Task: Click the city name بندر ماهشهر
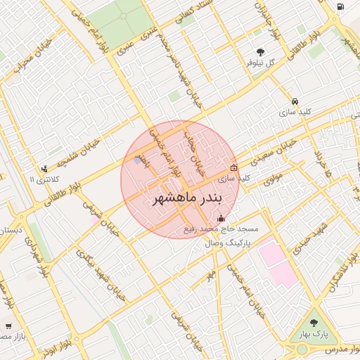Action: click(x=180, y=198)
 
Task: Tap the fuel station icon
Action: click(x=340, y=7)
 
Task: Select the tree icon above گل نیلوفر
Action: click(x=261, y=51)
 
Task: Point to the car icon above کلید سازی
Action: click(x=295, y=101)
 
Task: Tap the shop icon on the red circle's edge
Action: click(x=234, y=167)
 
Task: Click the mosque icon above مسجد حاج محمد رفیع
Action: click(x=222, y=218)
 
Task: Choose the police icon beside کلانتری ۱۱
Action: click(x=45, y=168)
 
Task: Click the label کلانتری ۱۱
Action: click(x=42, y=180)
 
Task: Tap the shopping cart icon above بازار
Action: click(x=8, y=326)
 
